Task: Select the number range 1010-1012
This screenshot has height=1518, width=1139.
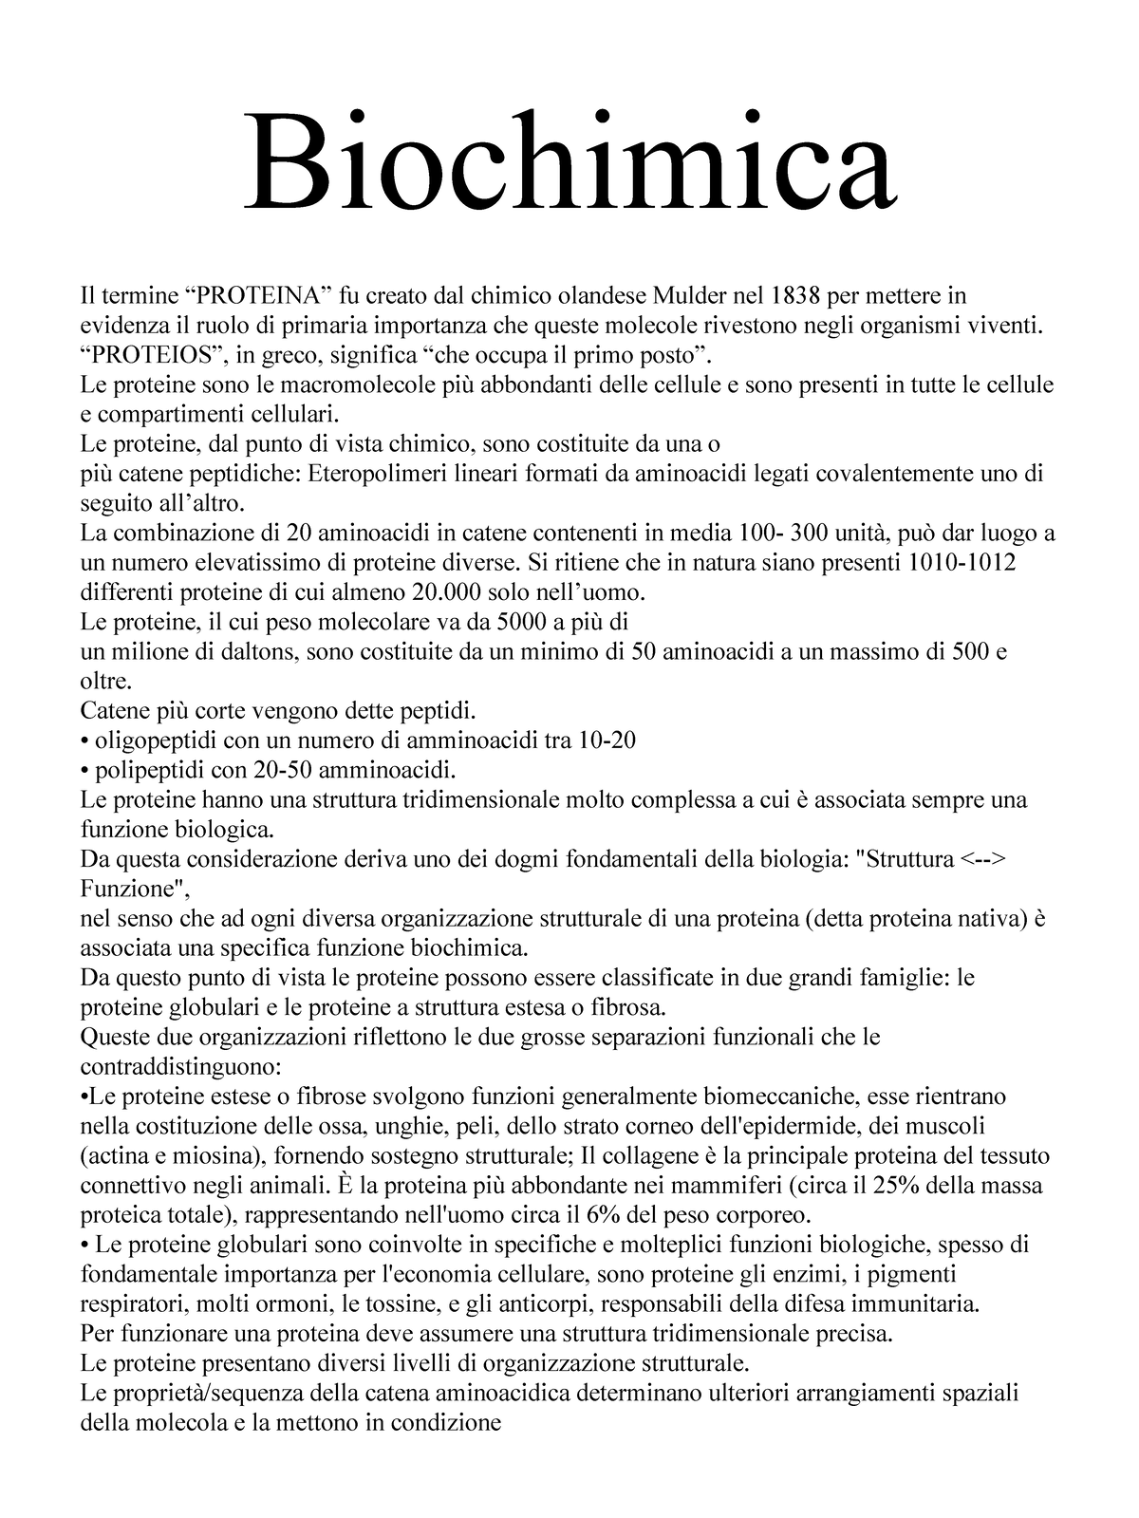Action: coord(962,563)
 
